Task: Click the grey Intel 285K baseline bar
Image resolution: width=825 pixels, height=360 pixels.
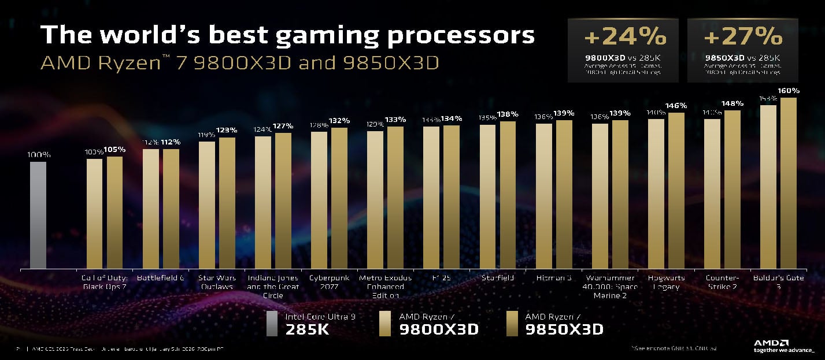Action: coord(38,215)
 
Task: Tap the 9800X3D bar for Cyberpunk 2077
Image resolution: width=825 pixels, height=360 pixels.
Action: coord(319,200)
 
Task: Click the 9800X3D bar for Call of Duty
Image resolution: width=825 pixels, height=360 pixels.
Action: coord(95,214)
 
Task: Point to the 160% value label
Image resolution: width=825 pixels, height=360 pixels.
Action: coord(789,91)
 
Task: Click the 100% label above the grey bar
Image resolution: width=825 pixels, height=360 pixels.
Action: coord(39,155)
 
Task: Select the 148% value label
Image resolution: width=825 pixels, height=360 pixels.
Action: coord(732,103)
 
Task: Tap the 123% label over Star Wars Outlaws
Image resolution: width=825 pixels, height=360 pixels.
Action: coord(227,131)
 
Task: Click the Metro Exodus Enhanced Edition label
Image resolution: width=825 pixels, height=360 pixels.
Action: coord(385,287)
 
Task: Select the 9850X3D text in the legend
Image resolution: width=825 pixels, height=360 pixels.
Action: coord(564,329)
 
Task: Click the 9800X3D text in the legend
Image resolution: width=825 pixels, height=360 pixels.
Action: coord(439,329)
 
